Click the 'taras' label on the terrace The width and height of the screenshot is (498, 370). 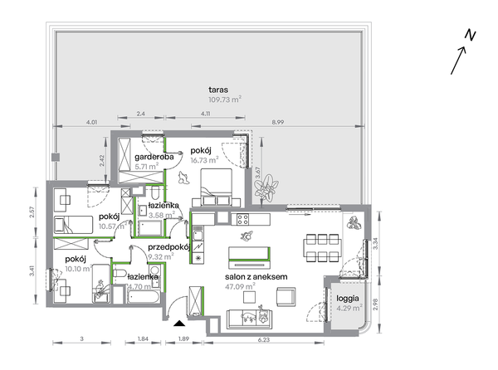218,90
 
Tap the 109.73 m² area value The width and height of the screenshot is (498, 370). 225,100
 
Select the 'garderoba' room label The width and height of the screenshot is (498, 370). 154,157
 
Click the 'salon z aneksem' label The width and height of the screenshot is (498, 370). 256,277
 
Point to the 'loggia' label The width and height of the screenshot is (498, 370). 348,299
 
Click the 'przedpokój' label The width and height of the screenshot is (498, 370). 169,247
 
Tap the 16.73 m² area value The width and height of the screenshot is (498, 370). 204,160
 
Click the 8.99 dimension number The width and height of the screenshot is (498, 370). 277,122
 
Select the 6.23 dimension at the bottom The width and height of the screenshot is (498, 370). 264,339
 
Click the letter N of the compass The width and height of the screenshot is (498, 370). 471,35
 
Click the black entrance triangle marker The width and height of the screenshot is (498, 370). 179,324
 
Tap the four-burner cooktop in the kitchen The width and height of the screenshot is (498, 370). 243,219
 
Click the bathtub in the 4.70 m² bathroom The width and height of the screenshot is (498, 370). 144,297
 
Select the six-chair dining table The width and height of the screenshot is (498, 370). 322,248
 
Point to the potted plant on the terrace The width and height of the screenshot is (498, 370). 266,187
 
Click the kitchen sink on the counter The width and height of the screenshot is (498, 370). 198,234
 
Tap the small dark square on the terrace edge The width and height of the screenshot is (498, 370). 56,158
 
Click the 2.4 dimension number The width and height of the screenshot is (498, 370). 141,114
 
